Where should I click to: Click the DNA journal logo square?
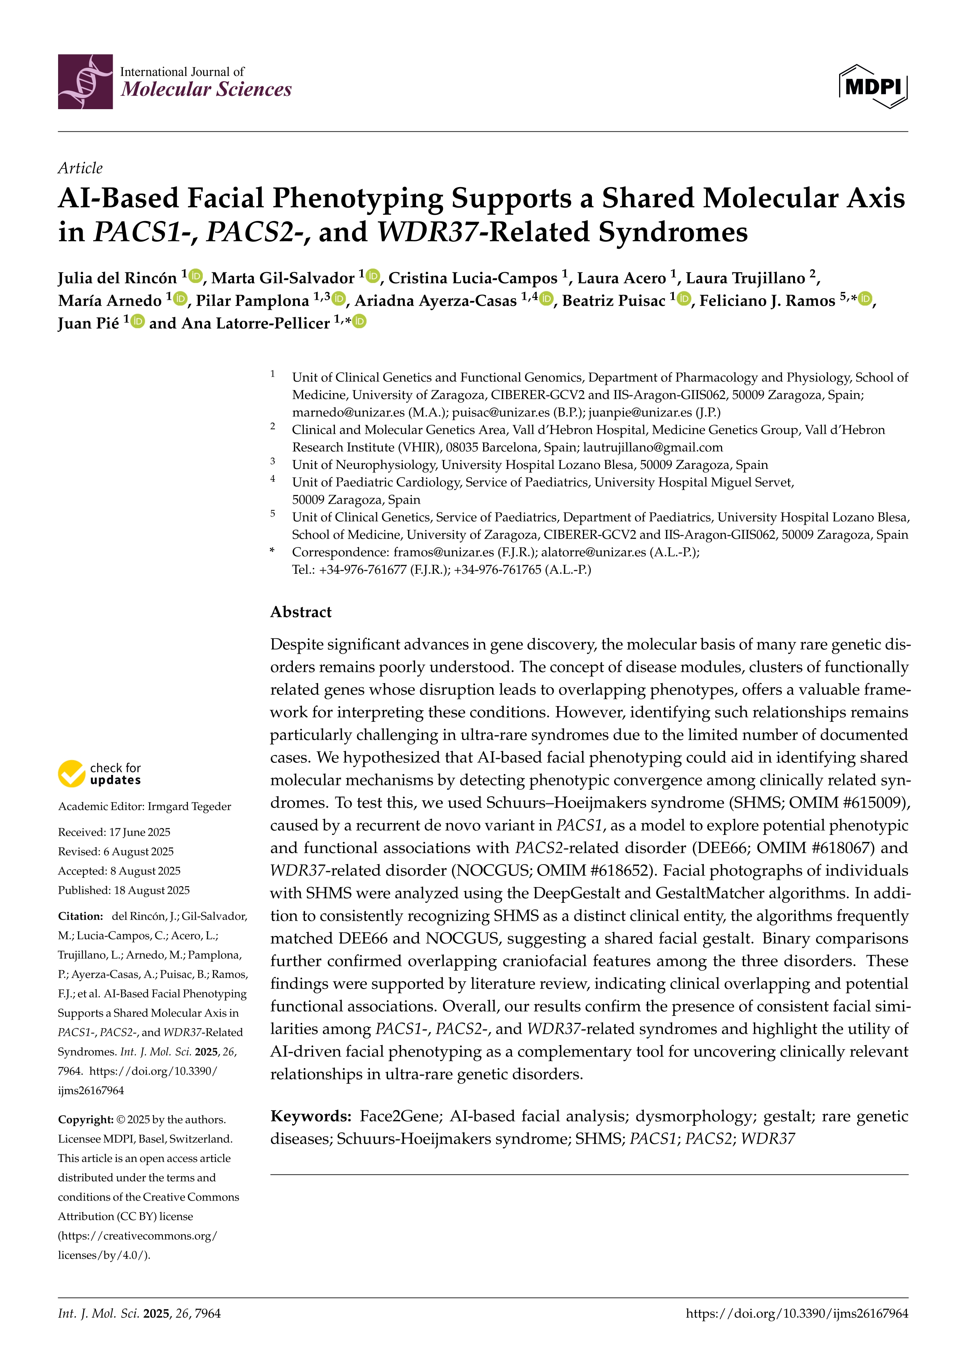(85, 81)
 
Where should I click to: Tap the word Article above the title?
(80, 168)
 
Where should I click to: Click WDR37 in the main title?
(427, 232)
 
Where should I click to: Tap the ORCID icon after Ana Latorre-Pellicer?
(359, 322)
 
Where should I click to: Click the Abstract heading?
(301, 612)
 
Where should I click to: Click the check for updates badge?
(99, 773)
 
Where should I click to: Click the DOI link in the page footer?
(797, 1314)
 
